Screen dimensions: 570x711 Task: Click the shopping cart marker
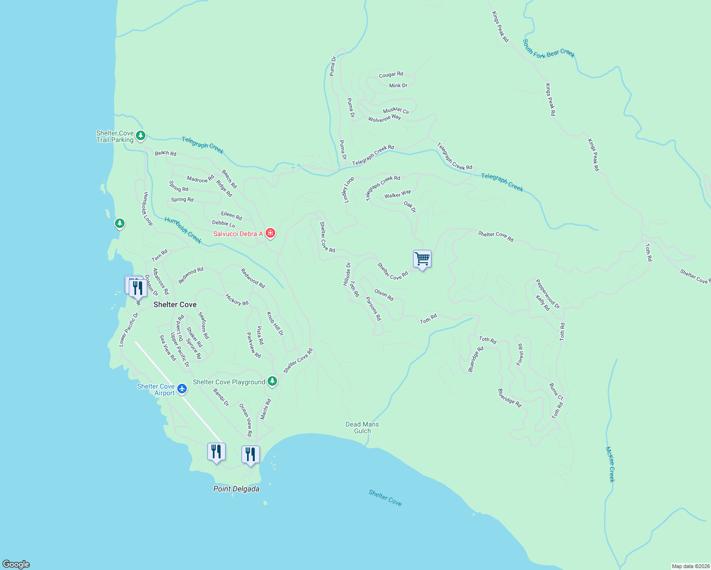coord(422,259)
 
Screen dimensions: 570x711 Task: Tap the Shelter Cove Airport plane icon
coord(182,389)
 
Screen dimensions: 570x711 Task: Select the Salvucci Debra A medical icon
coord(270,233)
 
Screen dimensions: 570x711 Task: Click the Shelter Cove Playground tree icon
coord(272,381)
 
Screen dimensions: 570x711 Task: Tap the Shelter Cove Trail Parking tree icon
coord(140,136)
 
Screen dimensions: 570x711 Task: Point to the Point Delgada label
coord(236,489)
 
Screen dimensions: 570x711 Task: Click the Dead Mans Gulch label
coord(362,427)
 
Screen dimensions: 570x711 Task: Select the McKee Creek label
coord(610,464)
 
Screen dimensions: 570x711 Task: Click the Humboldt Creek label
coord(183,230)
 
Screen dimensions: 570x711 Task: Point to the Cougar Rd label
coord(391,75)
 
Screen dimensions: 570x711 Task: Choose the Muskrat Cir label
coord(396,111)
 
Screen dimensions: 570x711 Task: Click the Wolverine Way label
coord(384,118)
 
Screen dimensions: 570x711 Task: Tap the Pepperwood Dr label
coord(548,294)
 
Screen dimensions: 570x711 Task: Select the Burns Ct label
coord(556,392)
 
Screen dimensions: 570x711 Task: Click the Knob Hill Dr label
coord(275,323)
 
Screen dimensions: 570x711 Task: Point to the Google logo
coord(16,564)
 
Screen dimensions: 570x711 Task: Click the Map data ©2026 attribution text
coord(690,566)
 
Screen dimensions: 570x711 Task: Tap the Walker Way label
coord(397,194)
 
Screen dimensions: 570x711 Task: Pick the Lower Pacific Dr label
coord(128,329)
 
